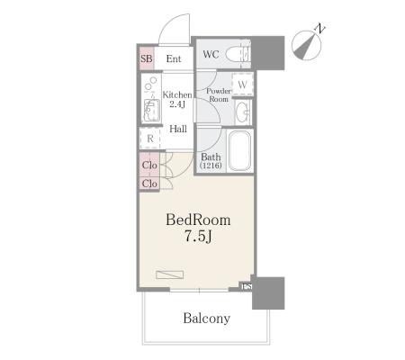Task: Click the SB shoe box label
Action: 147,58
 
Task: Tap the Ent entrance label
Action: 174,58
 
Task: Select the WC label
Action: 211,54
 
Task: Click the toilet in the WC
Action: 238,55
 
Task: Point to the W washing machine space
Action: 243,85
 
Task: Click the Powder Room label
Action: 219,94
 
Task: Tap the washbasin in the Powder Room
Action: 242,112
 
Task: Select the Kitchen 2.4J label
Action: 177,99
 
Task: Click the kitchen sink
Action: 151,110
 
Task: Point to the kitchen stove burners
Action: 150,84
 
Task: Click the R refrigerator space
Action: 150,139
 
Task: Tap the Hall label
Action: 178,129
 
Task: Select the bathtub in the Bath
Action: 239,150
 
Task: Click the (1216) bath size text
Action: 211,165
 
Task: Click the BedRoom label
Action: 198,220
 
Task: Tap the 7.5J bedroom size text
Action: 198,237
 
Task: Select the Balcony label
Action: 207,319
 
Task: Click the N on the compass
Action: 320,29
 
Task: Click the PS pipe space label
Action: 247,286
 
